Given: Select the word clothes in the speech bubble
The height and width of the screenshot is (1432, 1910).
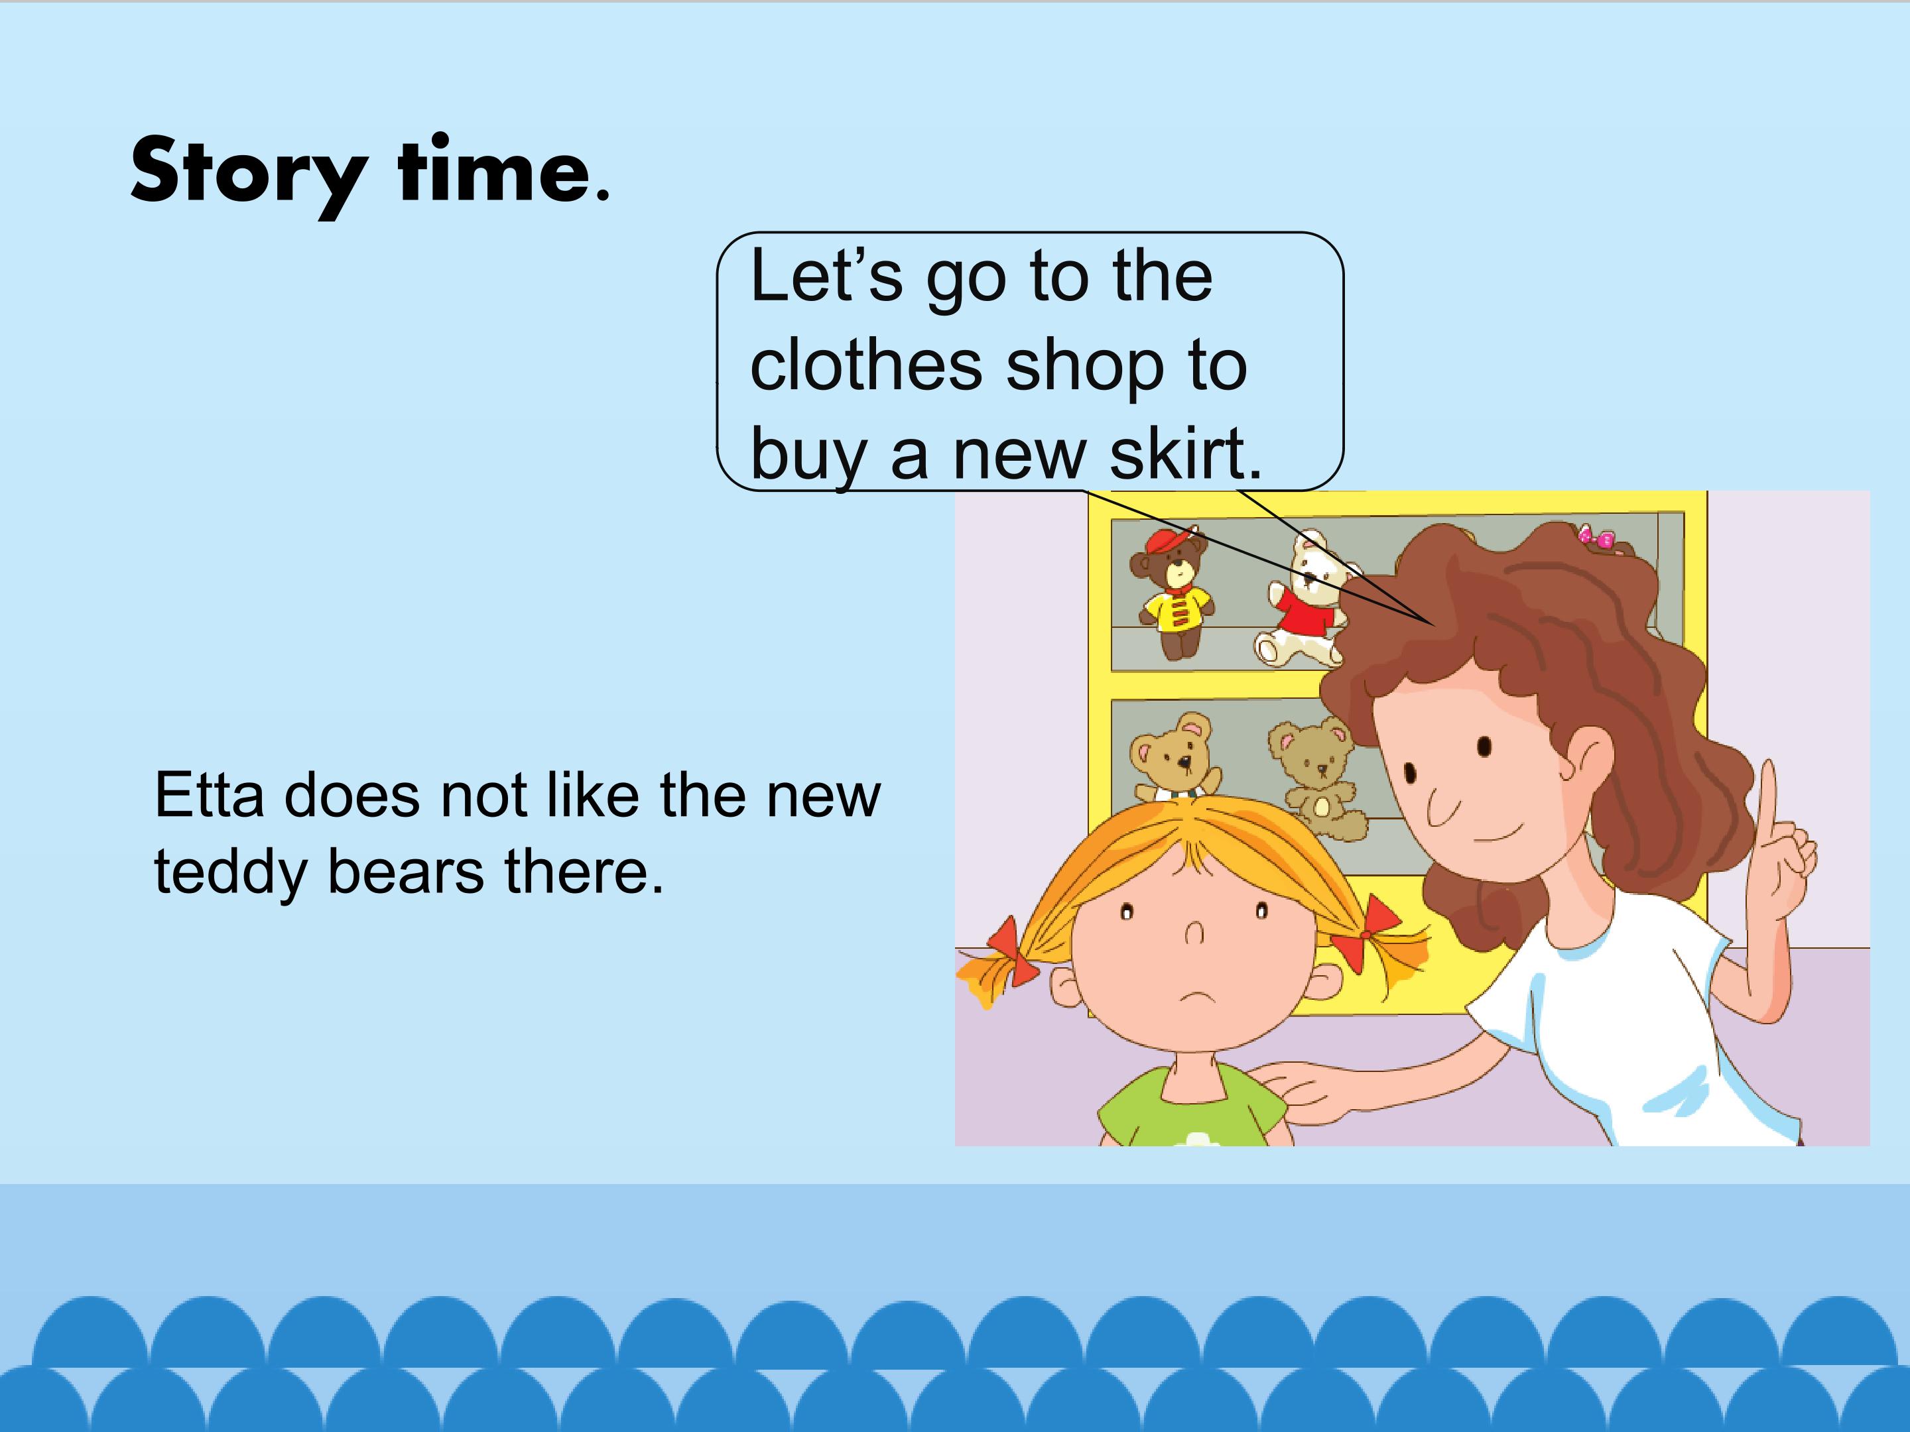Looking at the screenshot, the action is tap(866, 365).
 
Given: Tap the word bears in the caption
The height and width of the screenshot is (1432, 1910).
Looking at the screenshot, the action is tap(406, 871).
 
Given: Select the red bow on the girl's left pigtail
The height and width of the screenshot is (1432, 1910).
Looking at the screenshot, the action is tap(1010, 951).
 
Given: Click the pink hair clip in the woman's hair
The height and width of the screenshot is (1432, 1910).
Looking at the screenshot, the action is tap(1596, 538).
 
